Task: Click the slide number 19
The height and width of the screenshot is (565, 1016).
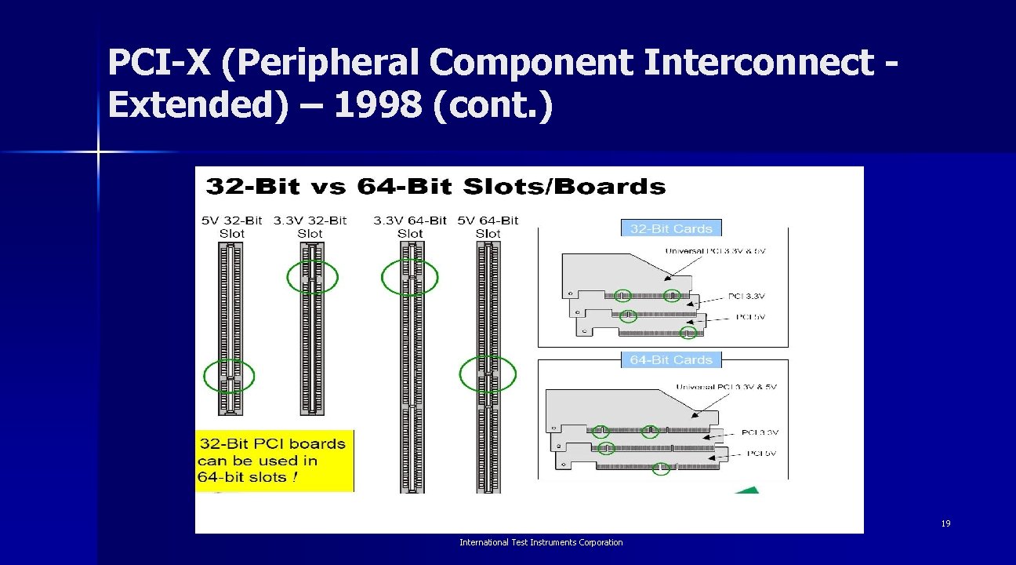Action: click(945, 523)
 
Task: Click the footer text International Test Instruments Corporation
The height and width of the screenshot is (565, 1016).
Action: click(541, 542)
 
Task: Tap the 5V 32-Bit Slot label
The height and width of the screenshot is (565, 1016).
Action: click(232, 227)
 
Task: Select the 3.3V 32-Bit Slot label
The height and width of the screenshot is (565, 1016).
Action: click(310, 227)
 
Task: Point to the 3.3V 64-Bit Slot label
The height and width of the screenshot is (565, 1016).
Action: click(410, 227)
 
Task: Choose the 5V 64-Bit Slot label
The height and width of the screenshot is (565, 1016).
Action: click(488, 227)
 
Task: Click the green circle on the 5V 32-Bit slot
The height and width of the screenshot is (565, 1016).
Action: click(229, 377)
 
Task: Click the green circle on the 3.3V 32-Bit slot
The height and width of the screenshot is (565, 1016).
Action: click(312, 277)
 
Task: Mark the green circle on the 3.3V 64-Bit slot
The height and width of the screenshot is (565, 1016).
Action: click(409, 277)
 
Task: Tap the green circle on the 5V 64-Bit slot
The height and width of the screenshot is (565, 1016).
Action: click(488, 375)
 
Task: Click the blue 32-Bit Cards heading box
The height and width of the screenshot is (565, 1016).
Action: click(671, 228)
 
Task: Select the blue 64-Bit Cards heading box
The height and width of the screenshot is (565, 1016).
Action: click(671, 359)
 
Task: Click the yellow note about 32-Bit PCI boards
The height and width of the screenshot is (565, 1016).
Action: click(274, 461)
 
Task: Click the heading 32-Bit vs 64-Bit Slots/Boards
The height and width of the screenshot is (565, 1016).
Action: click(435, 187)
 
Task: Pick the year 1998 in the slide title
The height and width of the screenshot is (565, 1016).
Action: click(377, 104)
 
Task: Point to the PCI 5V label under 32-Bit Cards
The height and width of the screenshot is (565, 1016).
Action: click(750, 317)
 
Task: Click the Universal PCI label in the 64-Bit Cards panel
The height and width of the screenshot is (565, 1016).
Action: click(725, 386)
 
